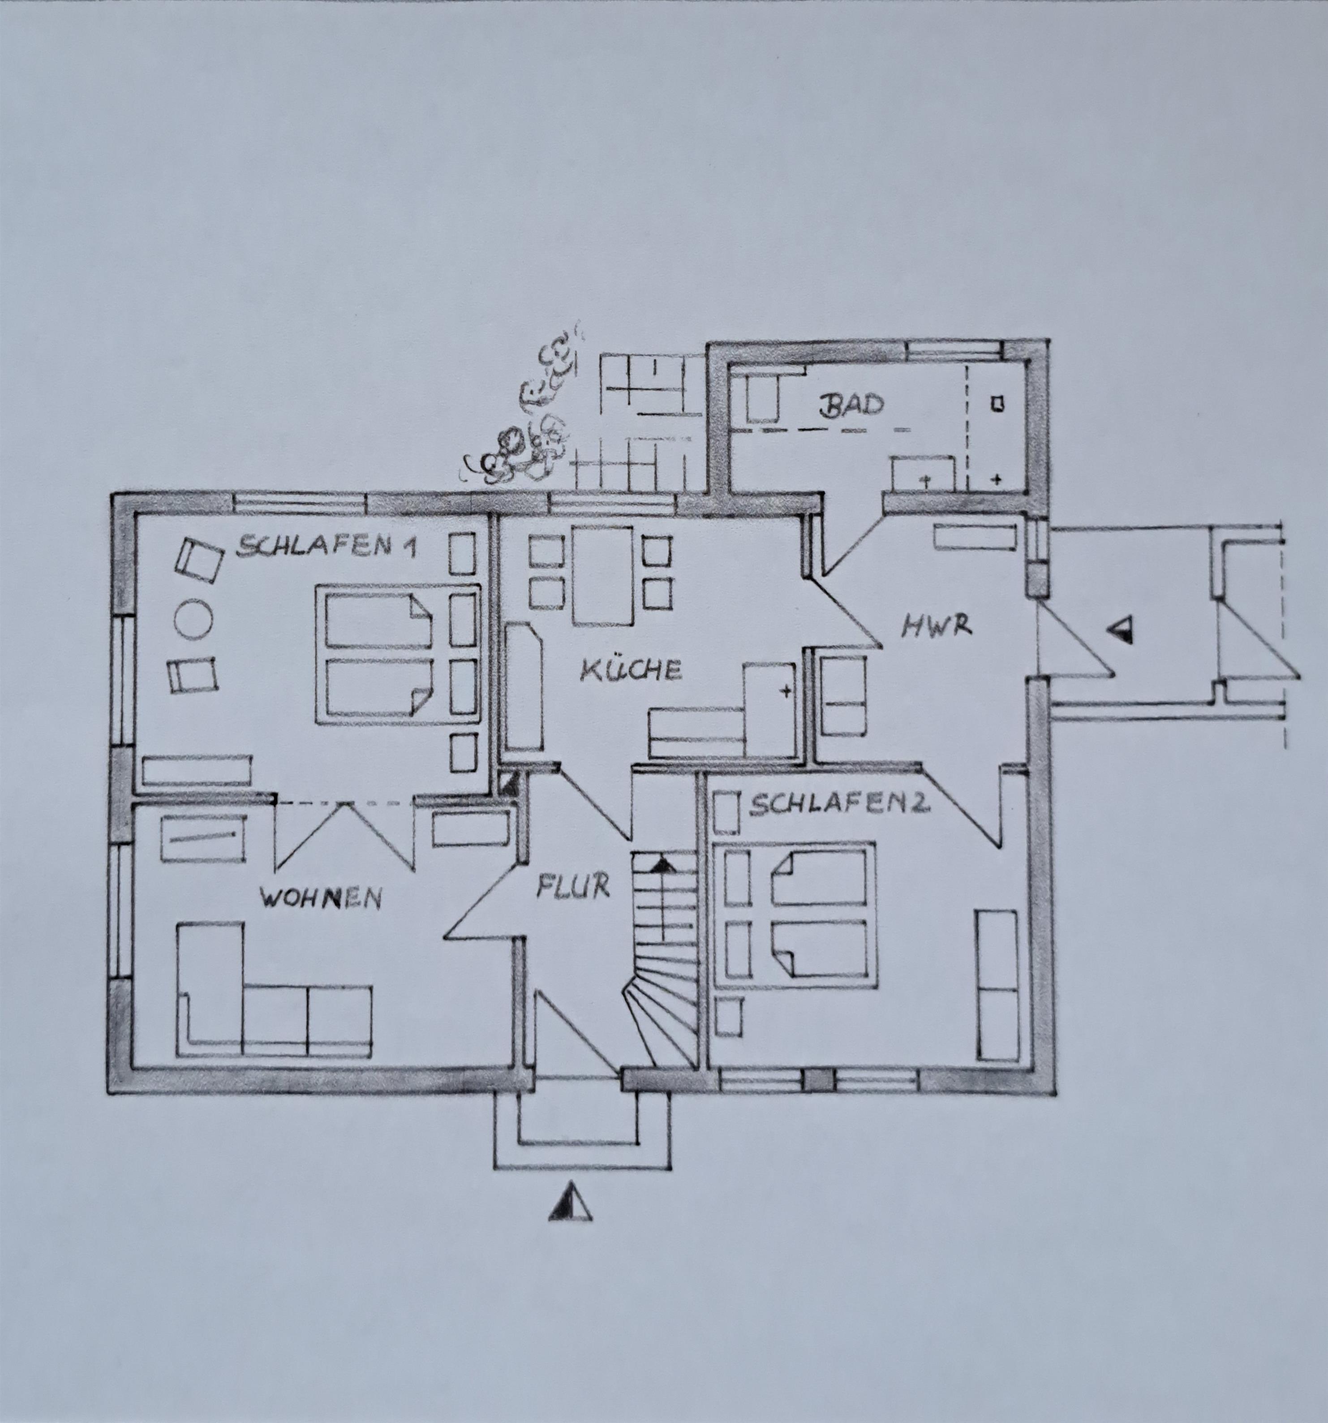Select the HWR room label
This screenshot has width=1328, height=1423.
coord(937,626)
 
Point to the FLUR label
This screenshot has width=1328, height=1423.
coord(573,886)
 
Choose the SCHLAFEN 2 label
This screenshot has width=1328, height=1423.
coord(839,805)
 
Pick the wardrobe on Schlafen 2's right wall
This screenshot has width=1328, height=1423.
coord(997,986)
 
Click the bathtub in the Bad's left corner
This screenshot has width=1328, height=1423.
coord(762,398)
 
